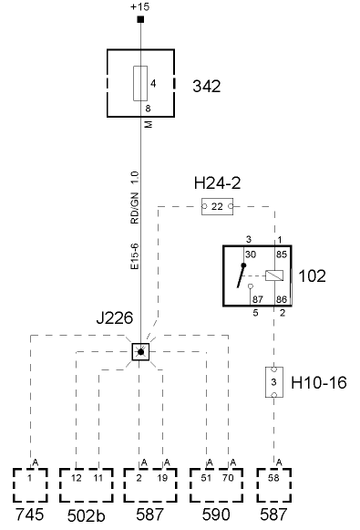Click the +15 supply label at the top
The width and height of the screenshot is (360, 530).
click(x=140, y=7)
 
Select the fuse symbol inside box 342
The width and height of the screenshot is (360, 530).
click(x=140, y=83)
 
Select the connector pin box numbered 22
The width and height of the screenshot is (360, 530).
click(x=218, y=207)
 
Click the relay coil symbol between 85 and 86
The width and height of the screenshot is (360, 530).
click(x=274, y=275)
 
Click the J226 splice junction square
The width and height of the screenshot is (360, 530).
click(x=140, y=351)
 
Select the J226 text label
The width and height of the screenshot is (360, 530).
click(x=115, y=318)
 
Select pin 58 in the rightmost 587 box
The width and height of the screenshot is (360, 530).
click(x=274, y=476)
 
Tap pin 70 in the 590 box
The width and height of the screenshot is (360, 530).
click(x=229, y=476)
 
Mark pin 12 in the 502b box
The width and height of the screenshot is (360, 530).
click(x=76, y=476)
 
